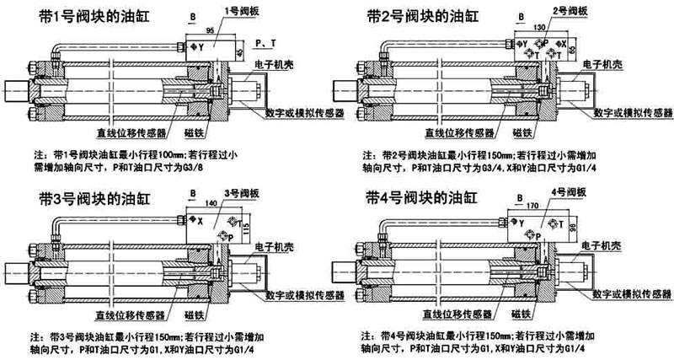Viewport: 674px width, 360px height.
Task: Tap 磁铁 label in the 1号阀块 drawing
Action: click(x=193, y=132)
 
